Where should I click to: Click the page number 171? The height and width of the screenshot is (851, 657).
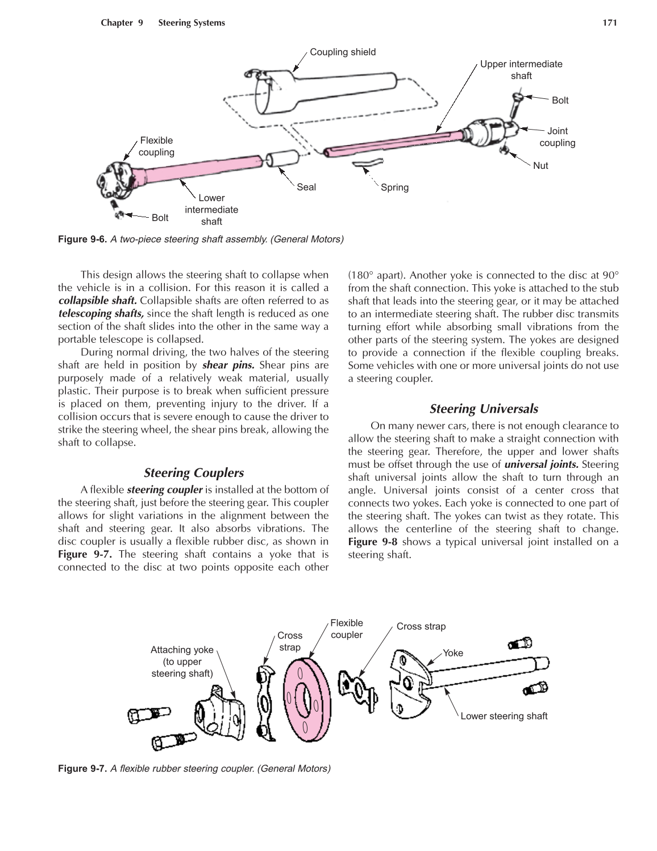(x=609, y=23)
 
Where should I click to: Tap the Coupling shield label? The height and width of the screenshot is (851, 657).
(x=343, y=52)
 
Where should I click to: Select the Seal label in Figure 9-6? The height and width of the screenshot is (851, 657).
(x=306, y=187)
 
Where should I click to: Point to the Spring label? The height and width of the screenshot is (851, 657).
(x=394, y=188)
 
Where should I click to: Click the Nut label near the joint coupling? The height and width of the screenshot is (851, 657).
(x=540, y=166)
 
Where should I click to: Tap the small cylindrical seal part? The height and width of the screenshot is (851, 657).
(x=282, y=159)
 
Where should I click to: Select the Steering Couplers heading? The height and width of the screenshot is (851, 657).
(x=194, y=473)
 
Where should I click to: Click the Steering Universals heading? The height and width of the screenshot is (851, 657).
(x=484, y=409)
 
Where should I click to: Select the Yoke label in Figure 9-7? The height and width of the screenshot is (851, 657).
(x=453, y=653)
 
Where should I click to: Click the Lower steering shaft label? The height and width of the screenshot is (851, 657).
(x=504, y=716)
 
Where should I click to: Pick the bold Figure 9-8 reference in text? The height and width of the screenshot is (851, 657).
(x=372, y=542)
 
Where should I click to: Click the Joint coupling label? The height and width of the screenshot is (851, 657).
(x=557, y=137)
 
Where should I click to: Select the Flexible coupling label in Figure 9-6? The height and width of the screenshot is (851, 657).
(x=156, y=146)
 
